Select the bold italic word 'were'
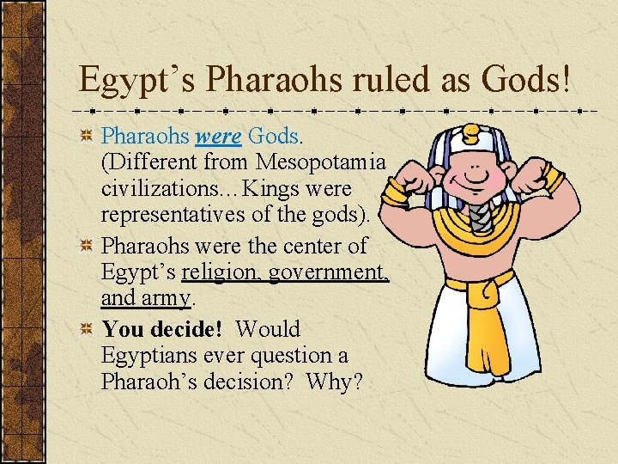pos(218,136)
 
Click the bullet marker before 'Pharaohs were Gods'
pos(86,137)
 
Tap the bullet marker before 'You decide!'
pos(86,330)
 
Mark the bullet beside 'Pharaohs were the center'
pos(86,247)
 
